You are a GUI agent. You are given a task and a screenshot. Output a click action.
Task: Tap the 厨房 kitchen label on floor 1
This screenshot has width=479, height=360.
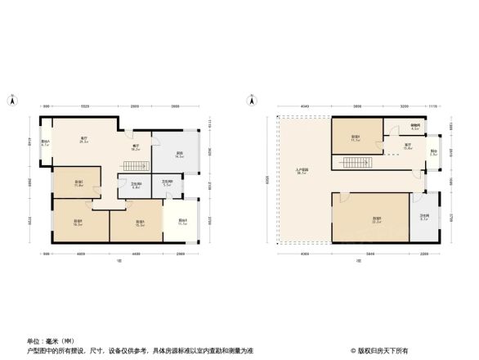[x=179, y=154]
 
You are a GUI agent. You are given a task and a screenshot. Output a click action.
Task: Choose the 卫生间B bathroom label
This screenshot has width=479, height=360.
[x=166, y=184]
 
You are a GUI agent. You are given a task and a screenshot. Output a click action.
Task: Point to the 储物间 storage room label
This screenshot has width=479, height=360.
[x=414, y=128]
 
